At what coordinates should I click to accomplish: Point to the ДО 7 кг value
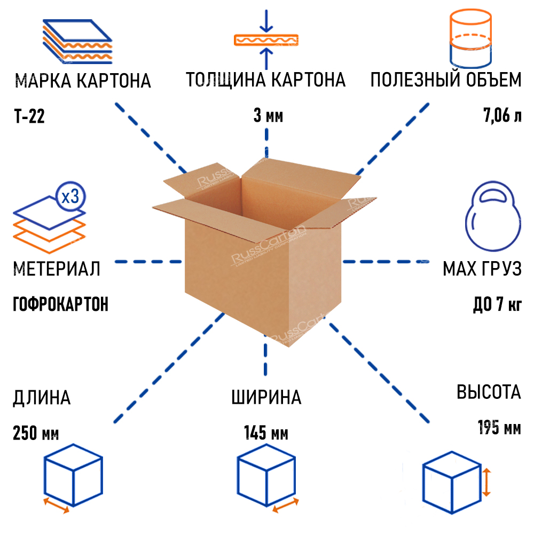coord(497,306)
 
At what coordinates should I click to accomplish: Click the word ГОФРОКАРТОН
coord(60,304)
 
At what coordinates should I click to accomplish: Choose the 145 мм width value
coord(266,433)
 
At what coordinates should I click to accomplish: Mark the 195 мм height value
coord(499,428)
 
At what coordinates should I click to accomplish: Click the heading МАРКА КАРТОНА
coord(83,81)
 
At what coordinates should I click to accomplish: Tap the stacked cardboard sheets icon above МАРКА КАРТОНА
coord(77,41)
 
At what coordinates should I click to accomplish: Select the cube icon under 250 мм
coord(72,475)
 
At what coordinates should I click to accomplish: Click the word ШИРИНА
coord(266,398)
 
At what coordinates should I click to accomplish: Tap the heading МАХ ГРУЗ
coord(482,269)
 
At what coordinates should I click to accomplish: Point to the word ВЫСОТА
coord(488,392)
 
